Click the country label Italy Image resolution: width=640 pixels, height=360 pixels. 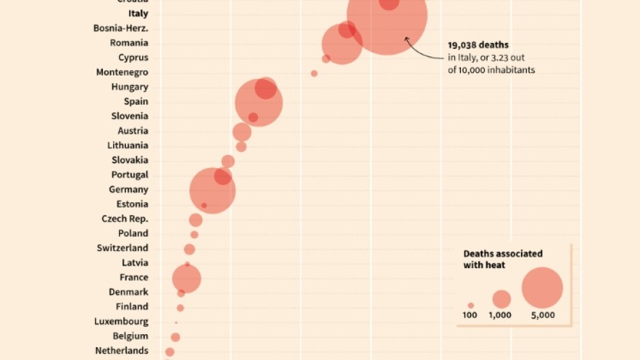(x=138, y=14)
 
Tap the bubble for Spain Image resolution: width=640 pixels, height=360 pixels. (x=259, y=103)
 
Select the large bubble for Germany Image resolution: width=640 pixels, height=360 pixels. (x=212, y=191)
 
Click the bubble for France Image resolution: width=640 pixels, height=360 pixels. (x=186, y=278)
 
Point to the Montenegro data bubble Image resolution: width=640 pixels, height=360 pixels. (x=314, y=73)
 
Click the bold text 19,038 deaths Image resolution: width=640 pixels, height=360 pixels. (x=478, y=45)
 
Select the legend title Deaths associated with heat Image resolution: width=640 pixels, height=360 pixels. (x=502, y=259)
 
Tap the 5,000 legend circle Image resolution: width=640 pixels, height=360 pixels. (x=542, y=288)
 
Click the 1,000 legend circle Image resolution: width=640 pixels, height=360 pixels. (x=501, y=299)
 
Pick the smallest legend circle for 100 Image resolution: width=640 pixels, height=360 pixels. (x=470, y=306)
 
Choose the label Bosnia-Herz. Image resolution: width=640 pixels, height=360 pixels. (x=121, y=29)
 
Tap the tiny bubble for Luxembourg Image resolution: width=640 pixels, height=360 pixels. (x=176, y=323)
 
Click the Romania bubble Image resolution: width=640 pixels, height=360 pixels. (x=342, y=44)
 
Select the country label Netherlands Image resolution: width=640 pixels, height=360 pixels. (x=121, y=351)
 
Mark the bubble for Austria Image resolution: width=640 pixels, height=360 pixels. (x=242, y=132)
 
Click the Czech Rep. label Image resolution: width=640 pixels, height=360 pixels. (x=125, y=219)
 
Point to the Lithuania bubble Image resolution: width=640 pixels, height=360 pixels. (x=241, y=146)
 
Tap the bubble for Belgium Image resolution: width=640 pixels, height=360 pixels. (x=175, y=337)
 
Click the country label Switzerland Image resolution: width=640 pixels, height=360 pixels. (x=122, y=248)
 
